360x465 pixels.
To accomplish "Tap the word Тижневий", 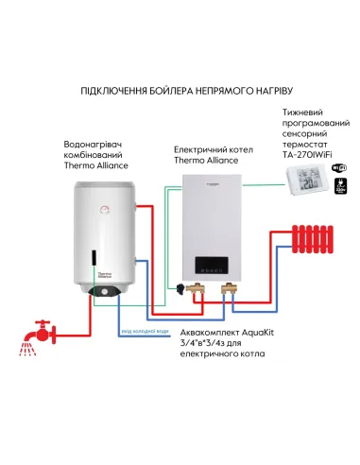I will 302,112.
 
